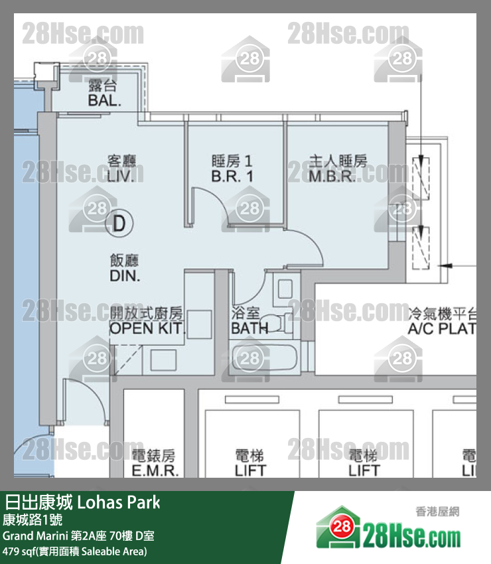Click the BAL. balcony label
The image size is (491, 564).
(104, 100)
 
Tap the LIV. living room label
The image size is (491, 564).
(121, 176)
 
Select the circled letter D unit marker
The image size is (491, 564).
(119, 224)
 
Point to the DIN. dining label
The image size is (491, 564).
(125, 276)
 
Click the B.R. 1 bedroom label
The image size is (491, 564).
(232, 176)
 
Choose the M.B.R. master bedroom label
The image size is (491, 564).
(332, 176)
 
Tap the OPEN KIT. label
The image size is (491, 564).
(147, 328)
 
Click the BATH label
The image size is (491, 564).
(249, 328)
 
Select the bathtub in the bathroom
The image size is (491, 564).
(265, 358)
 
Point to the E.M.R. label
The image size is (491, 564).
(155, 470)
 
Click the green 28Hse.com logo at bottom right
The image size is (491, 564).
(388, 528)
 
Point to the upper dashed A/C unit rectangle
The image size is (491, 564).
(421, 178)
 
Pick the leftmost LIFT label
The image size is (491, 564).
(250, 470)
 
